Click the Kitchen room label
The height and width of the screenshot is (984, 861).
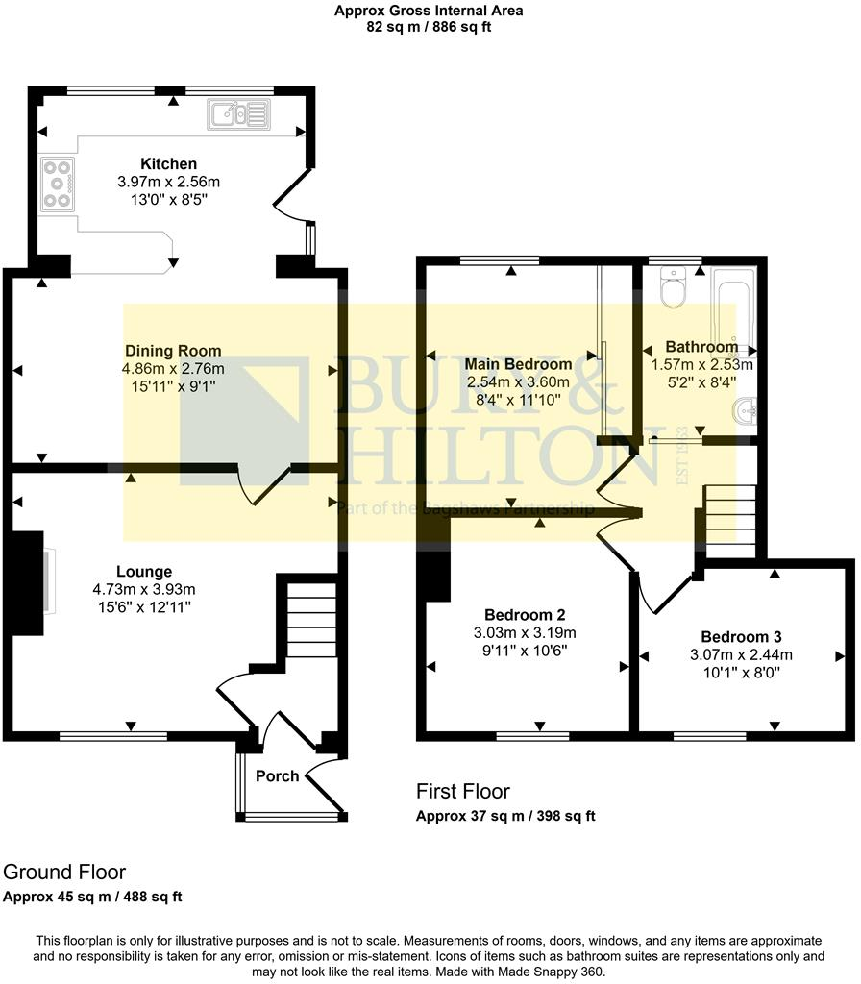click(x=169, y=164)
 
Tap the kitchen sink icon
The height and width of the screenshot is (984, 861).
click(x=238, y=115)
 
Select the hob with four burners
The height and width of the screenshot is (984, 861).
click(x=58, y=184)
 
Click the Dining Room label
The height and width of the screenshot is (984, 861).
click(x=173, y=351)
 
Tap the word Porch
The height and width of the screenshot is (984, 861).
click(x=277, y=775)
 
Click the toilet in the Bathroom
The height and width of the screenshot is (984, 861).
click(x=675, y=286)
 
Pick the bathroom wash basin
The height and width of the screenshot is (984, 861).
click(x=746, y=414)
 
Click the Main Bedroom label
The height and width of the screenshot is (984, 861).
click(x=518, y=364)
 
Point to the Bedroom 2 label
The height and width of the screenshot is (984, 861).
click(x=524, y=615)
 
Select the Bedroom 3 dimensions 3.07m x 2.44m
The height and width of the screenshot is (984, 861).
click(x=741, y=654)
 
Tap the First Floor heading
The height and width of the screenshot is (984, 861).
click(x=462, y=792)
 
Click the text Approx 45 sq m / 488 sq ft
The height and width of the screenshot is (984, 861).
click(x=92, y=898)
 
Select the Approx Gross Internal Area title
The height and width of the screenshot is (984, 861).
click(x=430, y=11)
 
